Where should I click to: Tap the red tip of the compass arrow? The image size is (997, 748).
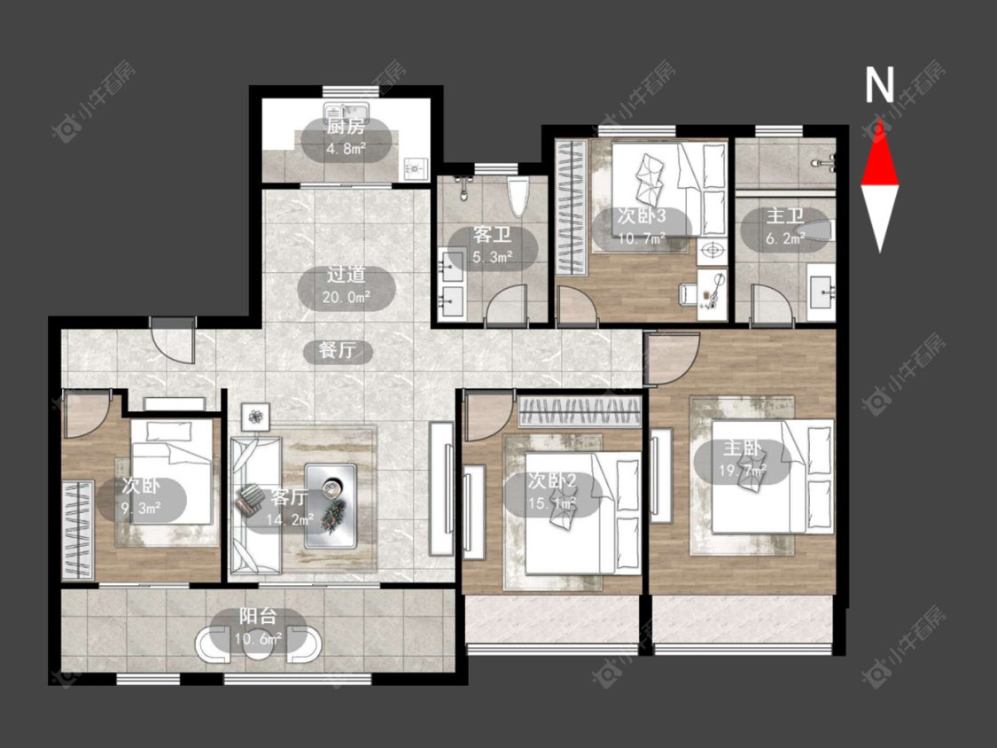pyautogui.click(x=880, y=121)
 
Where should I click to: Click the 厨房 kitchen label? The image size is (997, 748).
pyautogui.click(x=346, y=127)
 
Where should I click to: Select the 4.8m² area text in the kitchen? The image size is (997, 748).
pyautogui.click(x=346, y=149)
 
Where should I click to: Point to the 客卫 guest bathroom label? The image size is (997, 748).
pyautogui.click(x=492, y=235)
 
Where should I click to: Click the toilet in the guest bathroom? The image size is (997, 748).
pyautogui.click(x=518, y=197)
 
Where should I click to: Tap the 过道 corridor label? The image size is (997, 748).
pyautogui.click(x=347, y=274)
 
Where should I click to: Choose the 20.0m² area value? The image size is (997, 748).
pyautogui.click(x=347, y=296)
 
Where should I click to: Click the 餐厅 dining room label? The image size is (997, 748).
pyautogui.click(x=338, y=350)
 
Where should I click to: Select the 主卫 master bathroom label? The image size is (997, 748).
pyautogui.click(x=785, y=215)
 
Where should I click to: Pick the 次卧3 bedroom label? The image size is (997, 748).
pyautogui.click(x=642, y=215)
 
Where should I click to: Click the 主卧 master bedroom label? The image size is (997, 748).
pyautogui.click(x=742, y=448)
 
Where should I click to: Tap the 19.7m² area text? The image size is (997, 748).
pyautogui.click(x=742, y=471)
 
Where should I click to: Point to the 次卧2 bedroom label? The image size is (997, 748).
pyautogui.click(x=552, y=480)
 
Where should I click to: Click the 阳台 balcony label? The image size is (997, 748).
pyautogui.click(x=258, y=616)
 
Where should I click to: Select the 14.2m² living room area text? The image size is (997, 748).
pyautogui.click(x=290, y=519)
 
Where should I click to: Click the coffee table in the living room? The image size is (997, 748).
pyautogui.click(x=331, y=506)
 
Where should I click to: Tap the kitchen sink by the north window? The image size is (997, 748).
pyautogui.click(x=347, y=109)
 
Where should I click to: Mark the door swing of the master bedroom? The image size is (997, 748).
pyautogui.click(x=673, y=359)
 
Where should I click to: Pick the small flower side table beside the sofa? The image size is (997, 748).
pyautogui.click(x=255, y=417)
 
